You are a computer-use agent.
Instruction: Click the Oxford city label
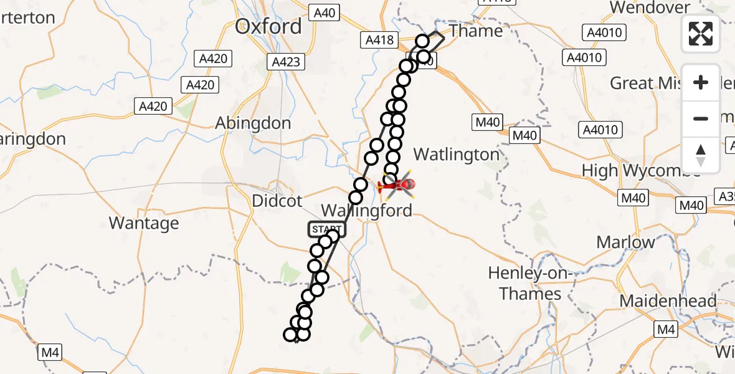[268, 27]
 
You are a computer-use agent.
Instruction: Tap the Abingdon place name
[252, 123]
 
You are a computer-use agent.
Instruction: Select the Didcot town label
[277, 201]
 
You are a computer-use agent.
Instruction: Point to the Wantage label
[143, 223]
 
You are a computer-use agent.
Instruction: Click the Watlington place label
[457, 155]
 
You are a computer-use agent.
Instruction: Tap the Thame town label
[476, 31]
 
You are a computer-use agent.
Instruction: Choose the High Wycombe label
[640, 170]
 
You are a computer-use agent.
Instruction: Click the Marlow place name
[625, 242]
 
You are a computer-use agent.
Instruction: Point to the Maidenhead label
[668, 302]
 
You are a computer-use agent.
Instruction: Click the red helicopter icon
[396, 185]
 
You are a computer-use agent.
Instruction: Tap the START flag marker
[326, 229]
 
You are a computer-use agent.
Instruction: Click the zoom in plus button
[701, 83]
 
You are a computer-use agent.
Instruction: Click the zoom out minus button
[701, 118]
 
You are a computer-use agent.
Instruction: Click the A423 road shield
[287, 62]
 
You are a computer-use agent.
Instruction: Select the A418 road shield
[379, 41]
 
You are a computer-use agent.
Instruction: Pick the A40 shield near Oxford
[324, 12]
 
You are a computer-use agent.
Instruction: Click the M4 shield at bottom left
[50, 353]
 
